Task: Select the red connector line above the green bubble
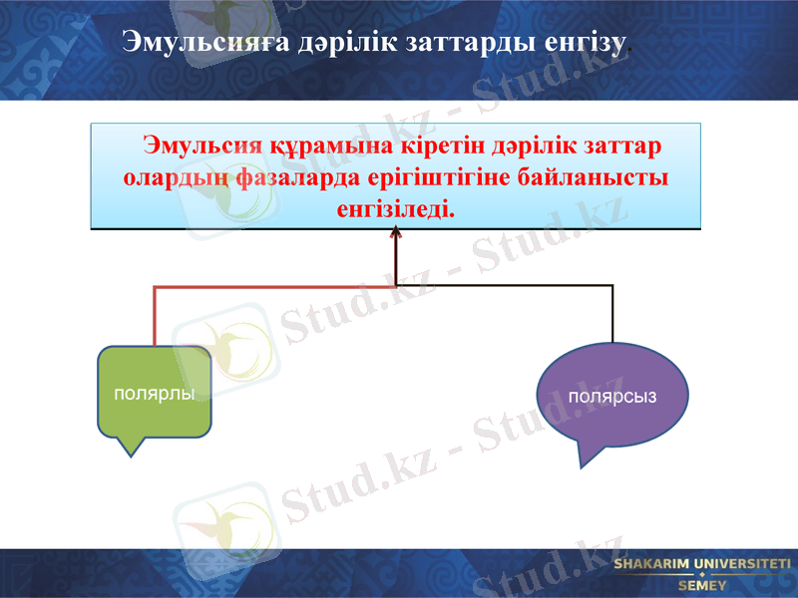(155, 314)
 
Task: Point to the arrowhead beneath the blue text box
(396, 233)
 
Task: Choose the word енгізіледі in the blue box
(396, 210)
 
